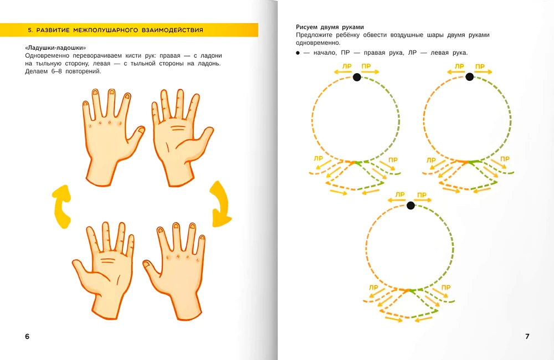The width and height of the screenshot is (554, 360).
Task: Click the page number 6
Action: pyautogui.click(x=27, y=336)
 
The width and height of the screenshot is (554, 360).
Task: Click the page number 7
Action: pyautogui.click(x=527, y=336)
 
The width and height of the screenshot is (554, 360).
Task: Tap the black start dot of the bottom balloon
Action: pyautogui.click(x=411, y=205)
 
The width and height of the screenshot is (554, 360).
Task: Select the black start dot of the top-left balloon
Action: pyautogui.click(x=357, y=77)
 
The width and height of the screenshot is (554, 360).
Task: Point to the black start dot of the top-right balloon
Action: pyautogui.click(x=470, y=76)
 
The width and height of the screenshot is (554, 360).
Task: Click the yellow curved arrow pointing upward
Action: pyautogui.click(x=62, y=207)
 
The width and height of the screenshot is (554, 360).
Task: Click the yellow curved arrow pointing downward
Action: pyautogui.click(x=220, y=204)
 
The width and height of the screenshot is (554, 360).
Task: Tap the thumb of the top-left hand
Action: pyautogui.click(x=137, y=136)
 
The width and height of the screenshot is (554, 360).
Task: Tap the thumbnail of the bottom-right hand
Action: pyautogui.click(x=146, y=264)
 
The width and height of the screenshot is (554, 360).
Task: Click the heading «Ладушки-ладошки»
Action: pyautogui.click(x=55, y=48)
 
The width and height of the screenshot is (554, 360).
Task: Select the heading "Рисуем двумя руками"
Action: pyautogui.click(x=330, y=27)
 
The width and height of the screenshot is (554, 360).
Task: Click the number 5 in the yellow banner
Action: pyautogui.click(x=30, y=30)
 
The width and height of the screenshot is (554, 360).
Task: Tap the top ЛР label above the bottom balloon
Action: pyautogui.click(x=399, y=194)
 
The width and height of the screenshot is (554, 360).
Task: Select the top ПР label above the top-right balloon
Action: pyautogui.click(x=480, y=66)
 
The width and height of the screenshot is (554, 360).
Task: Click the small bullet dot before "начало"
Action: pyautogui.click(x=298, y=53)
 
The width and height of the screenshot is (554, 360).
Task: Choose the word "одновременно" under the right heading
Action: pyautogui.click(x=318, y=43)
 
